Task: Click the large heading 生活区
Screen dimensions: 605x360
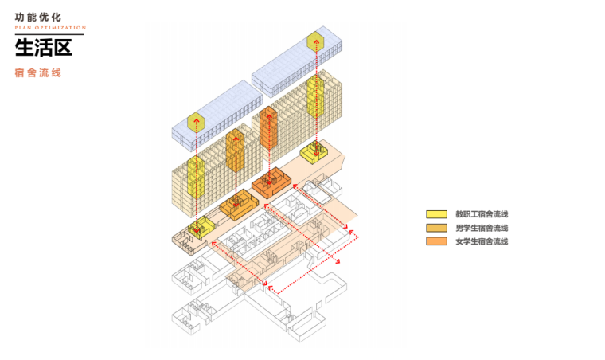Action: coord(43,48)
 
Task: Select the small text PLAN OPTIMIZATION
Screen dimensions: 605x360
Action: coord(50,28)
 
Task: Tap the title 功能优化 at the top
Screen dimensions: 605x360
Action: coord(37,16)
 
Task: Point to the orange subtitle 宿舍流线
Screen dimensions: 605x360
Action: coord(37,72)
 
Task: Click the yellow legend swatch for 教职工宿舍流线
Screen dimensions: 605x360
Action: coord(435,214)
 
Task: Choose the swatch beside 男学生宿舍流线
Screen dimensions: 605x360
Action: coord(435,228)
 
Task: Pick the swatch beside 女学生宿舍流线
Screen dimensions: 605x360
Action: coord(435,241)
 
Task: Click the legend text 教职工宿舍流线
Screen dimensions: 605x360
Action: coord(481,214)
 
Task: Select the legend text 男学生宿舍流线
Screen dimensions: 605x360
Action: coord(481,228)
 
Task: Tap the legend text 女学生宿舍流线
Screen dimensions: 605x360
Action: coord(481,241)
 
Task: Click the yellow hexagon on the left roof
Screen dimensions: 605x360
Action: coord(196,123)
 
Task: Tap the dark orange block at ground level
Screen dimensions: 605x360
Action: coord(269,182)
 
